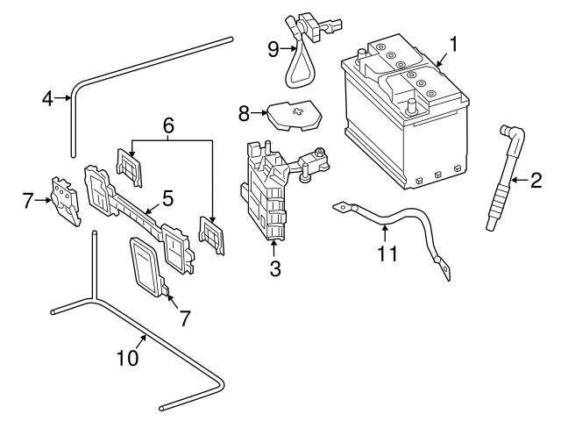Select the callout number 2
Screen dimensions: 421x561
pyautogui.click(x=536, y=182)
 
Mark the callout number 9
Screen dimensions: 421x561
pyautogui.click(x=272, y=48)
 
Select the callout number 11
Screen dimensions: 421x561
pyautogui.click(x=387, y=254)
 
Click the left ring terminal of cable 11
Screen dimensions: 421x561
pyautogui.click(x=339, y=208)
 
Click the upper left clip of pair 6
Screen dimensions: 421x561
pyautogui.click(x=129, y=168)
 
